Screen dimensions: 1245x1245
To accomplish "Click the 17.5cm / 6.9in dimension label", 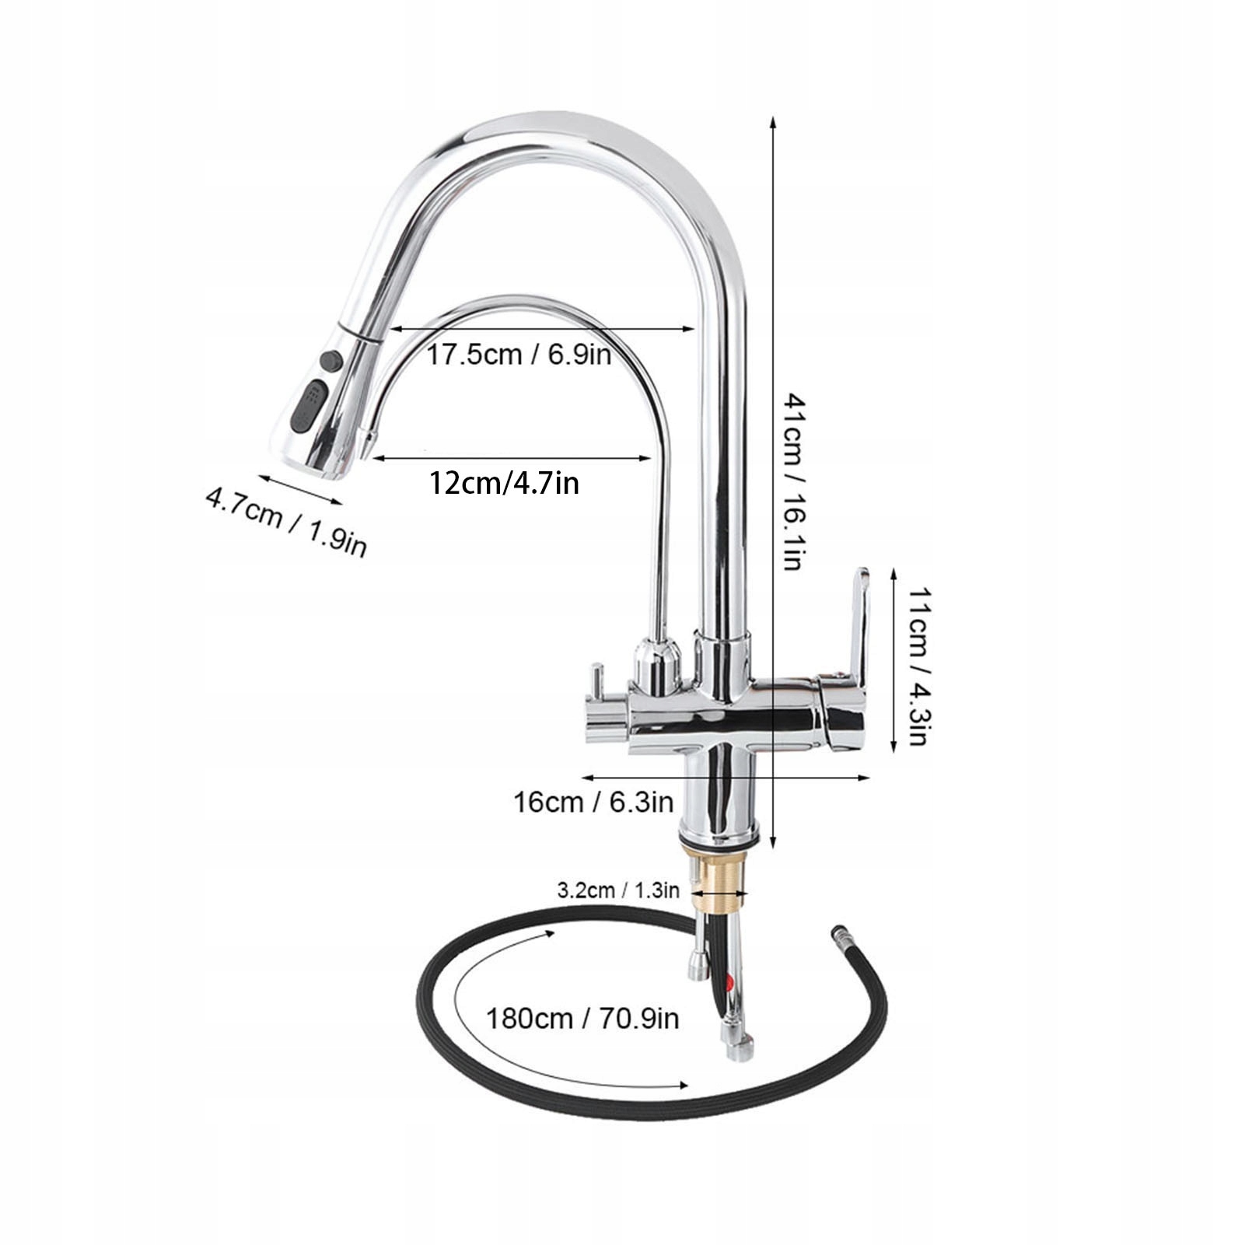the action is pos(519,355).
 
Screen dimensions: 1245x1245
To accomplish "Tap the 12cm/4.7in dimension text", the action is pos(504,484).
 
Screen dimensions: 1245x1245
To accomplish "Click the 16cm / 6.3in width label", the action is pos(593,801).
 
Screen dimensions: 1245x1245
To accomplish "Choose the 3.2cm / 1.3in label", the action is pos(617,890).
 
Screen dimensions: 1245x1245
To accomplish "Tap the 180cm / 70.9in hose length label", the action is pos(582,1017).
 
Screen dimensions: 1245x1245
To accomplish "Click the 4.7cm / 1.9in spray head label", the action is pos(285,519).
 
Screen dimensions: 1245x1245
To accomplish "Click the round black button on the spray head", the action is pos(330,362).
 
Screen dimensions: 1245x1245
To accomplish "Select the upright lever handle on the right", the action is pos(858,622).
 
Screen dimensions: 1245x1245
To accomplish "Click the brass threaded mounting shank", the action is pos(719,879).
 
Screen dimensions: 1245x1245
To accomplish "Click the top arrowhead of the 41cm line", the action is pos(772,121).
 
